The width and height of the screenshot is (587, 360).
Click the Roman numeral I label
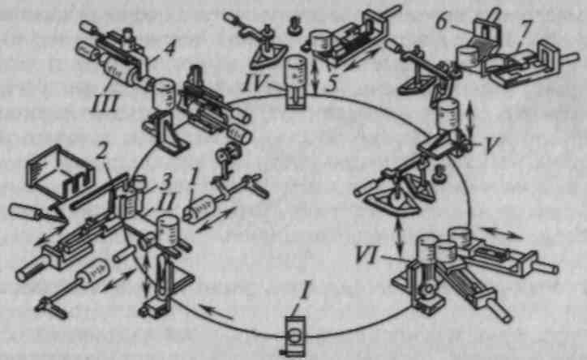tap(305, 292)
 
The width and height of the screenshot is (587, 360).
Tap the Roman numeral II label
tap(165, 203)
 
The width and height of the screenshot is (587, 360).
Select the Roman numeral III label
tap(105, 102)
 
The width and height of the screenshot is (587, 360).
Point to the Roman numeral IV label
tap(255, 83)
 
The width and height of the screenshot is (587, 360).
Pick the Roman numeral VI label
tap(367, 255)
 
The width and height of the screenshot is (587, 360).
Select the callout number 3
tap(165, 181)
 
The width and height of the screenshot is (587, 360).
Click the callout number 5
tap(331, 84)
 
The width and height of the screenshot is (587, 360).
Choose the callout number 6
tap(442, 23)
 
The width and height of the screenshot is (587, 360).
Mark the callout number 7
tap(527, 28)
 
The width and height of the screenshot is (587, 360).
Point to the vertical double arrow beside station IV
tap(315, 77)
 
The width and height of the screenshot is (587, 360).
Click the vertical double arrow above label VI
tap(401, 235)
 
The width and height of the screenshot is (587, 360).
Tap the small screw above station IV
tap(293, 25)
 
